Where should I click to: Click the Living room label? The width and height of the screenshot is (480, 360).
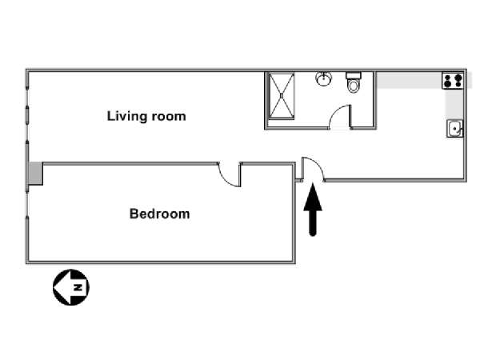pyautogui.click(x=146, y=116)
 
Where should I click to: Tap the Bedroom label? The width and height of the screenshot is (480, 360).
pyautogui.click(x=159, y=214)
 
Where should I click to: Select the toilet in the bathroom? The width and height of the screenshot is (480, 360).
pyautogui.click(x=354, y=82)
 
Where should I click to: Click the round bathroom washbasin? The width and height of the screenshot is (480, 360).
pyautogui.click(x=323, y=78)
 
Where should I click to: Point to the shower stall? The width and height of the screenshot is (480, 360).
pyautogui.click(x=282, y=95)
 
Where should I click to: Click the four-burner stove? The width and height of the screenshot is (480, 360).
pyautogui.click(x=453, y=81)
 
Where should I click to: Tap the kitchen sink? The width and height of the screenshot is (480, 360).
pyautogui.click(x=455, y=129)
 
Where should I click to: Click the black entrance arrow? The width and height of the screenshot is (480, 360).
pyautogui.click(x=313, y=210)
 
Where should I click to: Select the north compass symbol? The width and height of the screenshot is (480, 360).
pyautogui.click(x=71, y=287)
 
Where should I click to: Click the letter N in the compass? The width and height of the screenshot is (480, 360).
pyautogui.click(x=78, y=287)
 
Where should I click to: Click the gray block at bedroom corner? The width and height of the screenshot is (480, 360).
pyautogui.click(x=36, y=174)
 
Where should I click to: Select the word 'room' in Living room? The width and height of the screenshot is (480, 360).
pyautogui.click(x=169, y=117)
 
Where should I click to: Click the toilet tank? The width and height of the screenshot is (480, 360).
pyautogui.click(x=354, y=75)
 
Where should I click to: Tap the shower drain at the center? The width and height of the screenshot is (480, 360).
pyautogui.click(x=282, y=95)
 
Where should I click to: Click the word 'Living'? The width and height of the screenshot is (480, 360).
pyautogui.click(x=128, y=116)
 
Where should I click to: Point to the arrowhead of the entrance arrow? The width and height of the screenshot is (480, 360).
pyautogui.click(x=313, y=197)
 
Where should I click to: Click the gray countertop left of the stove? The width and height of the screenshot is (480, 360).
pyautogui.click(x=409, y=81)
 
